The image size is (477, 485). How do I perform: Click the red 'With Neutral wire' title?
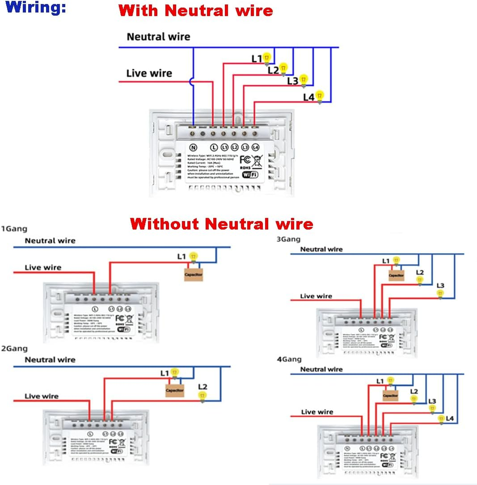point(196,10)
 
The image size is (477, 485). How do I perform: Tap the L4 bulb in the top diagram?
point(319,96)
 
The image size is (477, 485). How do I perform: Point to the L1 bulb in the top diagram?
point(267,58)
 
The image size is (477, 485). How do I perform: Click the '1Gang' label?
point(14,229)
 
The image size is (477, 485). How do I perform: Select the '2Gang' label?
point(14,348)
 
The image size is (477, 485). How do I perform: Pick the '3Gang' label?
point(288,239)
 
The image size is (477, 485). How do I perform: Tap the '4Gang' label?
point(289,359)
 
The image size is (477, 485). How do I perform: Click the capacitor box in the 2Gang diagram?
point(175,390)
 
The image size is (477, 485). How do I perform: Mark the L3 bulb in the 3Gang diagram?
point(440,293)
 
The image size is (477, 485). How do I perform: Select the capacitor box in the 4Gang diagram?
point(390,396)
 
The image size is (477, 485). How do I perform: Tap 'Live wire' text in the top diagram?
point(149,73)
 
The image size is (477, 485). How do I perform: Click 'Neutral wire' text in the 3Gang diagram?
point(321,249)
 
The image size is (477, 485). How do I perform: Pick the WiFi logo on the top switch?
point(250,175)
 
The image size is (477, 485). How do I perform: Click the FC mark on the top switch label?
point(245,159)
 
